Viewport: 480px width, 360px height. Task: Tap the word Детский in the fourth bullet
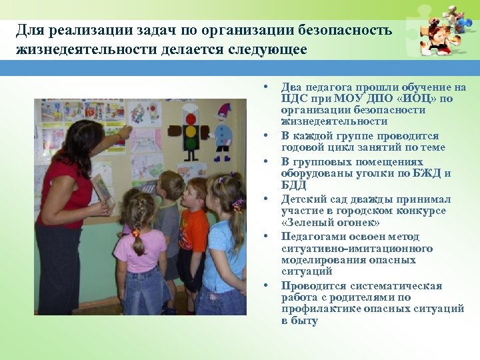[303, 199]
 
